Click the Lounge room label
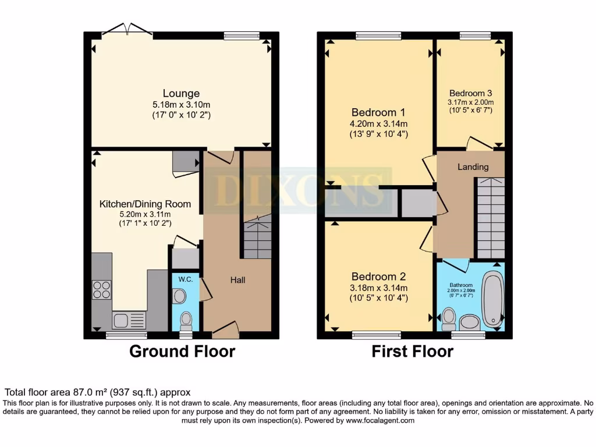coord(181,93)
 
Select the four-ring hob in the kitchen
coord(102,289)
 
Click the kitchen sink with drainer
coord(128,320)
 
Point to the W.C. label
coord(186,279)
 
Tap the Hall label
coord(237,280)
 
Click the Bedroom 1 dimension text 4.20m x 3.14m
coord(378,123)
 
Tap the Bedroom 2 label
coord(378,277)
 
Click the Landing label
coord(473,167)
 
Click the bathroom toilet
coord(448,318)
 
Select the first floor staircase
coord(490,218)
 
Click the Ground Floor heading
coord(182,352)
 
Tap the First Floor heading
coord(412,352)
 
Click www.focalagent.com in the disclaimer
coord(381,420)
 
